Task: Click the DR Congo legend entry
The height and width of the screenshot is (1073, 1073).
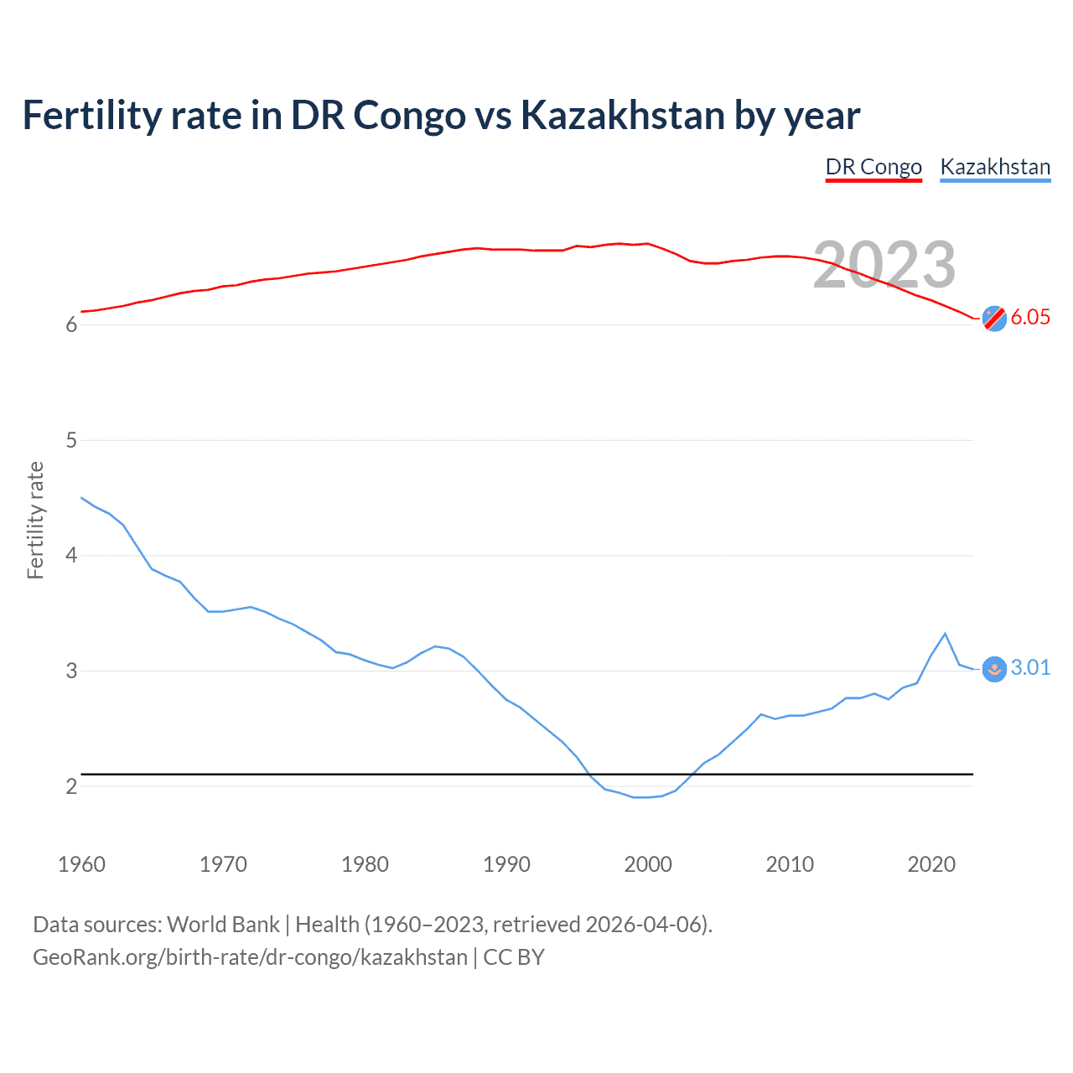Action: [x=873, y=167]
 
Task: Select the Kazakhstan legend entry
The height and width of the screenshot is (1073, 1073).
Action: [x=995, y=167]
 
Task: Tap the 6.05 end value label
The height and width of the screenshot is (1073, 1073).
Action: [x=1030, y=317]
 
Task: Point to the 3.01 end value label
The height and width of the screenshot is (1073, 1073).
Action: [x=1030, y=667]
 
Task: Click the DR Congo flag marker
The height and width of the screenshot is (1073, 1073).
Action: [x=994, y=318]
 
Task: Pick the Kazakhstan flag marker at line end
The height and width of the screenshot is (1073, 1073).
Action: [x=994, y=669]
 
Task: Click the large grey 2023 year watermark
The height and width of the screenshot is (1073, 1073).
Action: [x=884, y=265]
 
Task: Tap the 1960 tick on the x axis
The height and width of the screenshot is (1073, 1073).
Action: [x=81, y=864]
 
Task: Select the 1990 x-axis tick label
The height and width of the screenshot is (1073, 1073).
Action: [x=506, y=864]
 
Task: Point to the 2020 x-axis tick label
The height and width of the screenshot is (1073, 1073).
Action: [x=931, y=864]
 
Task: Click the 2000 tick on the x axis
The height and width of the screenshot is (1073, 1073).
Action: [x=648, y=864]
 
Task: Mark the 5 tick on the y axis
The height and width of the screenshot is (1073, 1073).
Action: [x=71, y=440]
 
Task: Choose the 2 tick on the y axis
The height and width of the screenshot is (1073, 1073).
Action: [x=71, y=786]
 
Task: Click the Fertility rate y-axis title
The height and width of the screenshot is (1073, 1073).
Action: [x=35, y=520]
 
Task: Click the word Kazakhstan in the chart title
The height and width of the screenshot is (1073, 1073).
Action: [x=622, y=115]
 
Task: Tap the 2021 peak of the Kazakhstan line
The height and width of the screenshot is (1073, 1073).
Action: [x=946, y=634]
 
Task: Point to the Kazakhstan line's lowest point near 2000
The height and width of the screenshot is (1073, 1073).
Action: [x=641, y=797]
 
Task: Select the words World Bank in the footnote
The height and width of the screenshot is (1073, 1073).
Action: [x=223, y=925]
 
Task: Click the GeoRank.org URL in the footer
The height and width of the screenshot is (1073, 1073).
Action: [x=250, y=957]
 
